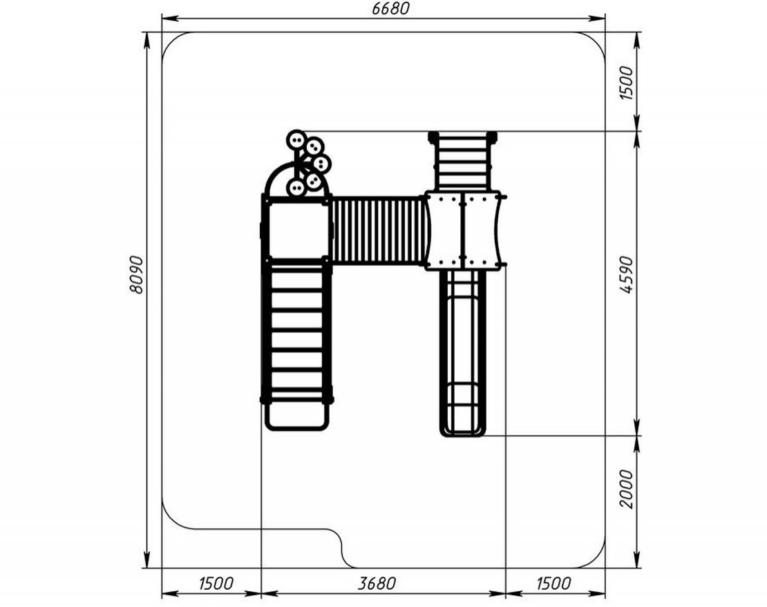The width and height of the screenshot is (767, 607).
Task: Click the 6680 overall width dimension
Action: point(389,8)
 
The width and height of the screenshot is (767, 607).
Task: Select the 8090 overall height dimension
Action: point(137,274)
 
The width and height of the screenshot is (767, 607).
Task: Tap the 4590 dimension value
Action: point(626,274)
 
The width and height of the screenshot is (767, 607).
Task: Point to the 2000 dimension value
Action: point(626,489)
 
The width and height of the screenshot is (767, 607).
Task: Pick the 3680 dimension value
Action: point(376,583)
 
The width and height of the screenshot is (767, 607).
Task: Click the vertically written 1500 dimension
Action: point(626,83)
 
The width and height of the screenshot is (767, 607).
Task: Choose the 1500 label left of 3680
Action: point(216,583)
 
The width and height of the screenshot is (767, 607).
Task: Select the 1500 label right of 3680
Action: point(553,583)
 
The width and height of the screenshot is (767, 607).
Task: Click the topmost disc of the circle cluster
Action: point(296,140)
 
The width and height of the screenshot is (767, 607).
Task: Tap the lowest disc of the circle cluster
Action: point(296,187)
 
